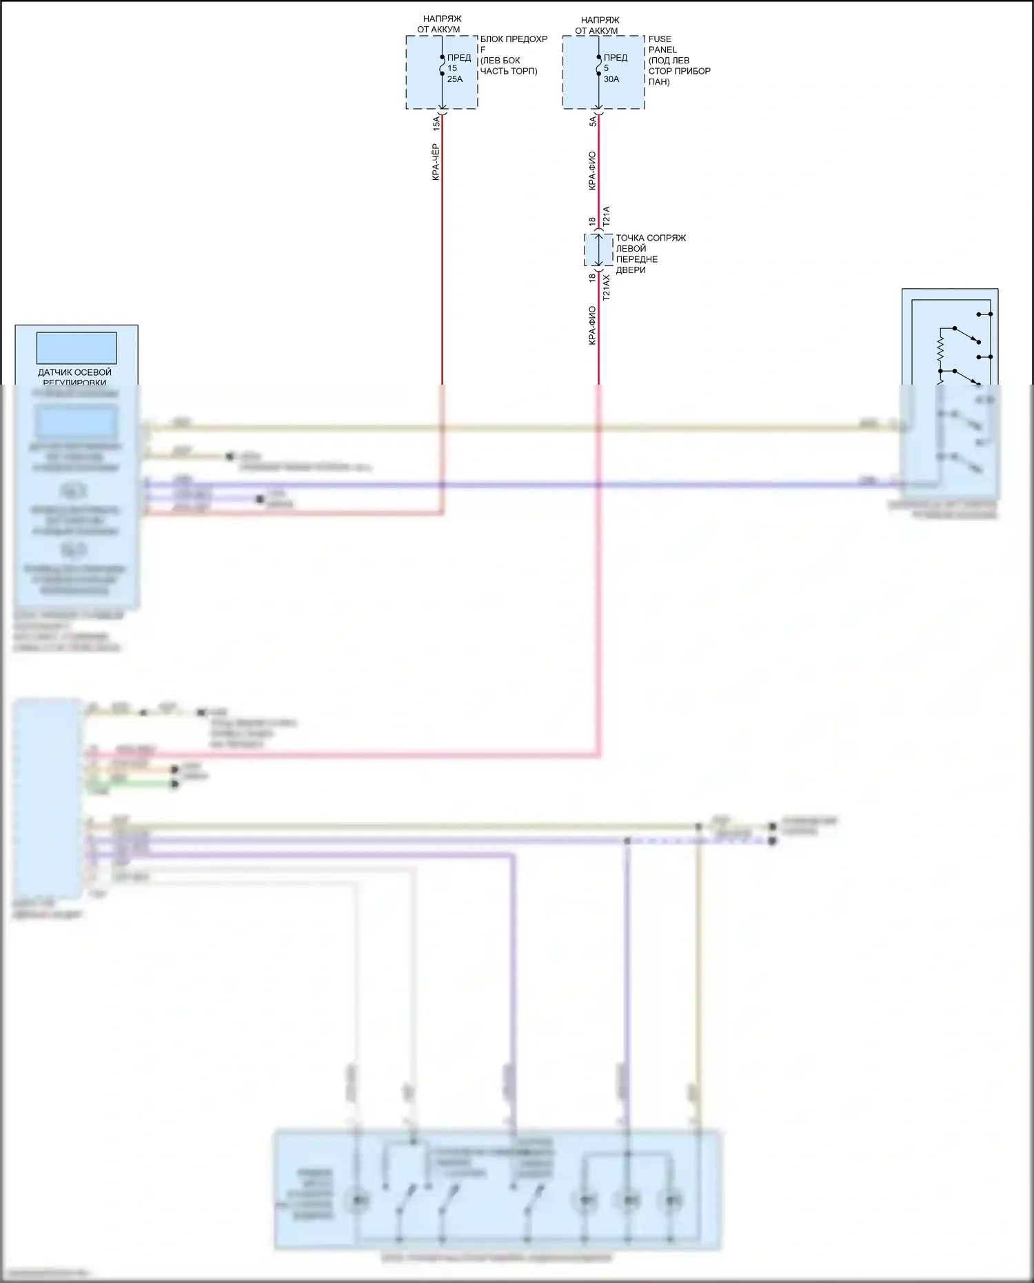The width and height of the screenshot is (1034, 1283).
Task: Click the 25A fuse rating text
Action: [x=455, y=79]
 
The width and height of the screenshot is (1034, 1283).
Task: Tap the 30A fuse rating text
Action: [x=611, y=79]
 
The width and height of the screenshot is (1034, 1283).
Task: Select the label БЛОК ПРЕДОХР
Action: [x=514, y=39]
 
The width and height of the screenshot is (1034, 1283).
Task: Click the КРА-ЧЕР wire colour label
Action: [x=436, y=162]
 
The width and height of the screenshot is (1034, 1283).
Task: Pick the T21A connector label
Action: [x=607, y=216]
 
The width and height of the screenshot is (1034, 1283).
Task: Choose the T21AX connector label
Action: [x=607, y=287]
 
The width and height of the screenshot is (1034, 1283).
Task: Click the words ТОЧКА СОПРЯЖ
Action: [x=651, y=238]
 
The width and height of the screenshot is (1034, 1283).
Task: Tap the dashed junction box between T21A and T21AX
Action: [x=598, y=250]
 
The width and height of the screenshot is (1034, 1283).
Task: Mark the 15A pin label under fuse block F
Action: [x=436, y=123]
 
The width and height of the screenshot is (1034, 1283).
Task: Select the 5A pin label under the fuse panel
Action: [x=593, y=121]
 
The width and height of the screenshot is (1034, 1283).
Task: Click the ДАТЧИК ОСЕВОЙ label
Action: [x=74, y=372]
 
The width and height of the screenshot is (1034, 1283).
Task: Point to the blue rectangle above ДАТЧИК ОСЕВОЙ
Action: [x=76, y=348]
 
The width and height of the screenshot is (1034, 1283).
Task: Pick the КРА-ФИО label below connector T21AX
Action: [x=592, y=325]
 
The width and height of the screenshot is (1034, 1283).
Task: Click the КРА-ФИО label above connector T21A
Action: [x=592, y=171]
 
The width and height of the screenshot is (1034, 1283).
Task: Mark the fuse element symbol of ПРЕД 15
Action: [x=442, y=65]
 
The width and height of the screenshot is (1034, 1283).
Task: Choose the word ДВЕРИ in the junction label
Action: [x=631, y=270]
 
